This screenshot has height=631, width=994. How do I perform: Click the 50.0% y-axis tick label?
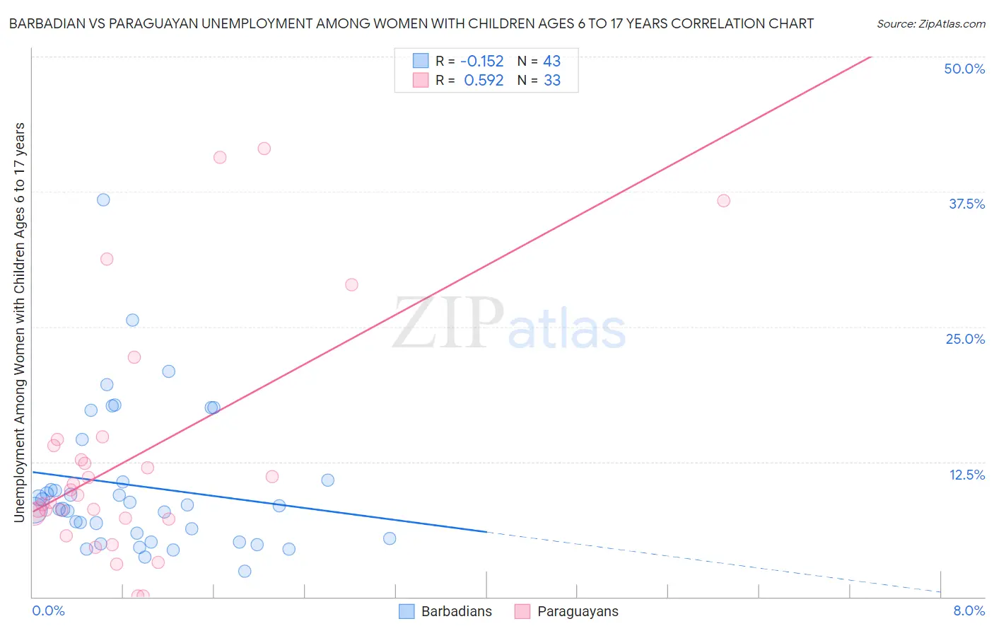tap(964, 69)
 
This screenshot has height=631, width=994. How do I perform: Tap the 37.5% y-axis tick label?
tap(966, 204)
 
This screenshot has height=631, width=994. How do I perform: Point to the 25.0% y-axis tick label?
tap(965, 339)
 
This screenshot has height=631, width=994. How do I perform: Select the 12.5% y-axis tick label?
tap(966, 475)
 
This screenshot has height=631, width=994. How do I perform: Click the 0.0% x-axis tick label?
tap(48, 610)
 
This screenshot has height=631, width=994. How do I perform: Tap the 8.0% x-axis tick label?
tap(969, 610)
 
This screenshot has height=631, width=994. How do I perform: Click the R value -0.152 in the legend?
tap(481, 62)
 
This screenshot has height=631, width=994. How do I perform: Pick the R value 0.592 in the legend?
tap(484, 81)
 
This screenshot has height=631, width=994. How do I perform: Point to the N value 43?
tap(551, 62)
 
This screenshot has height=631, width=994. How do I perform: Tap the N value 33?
tap(551, 81)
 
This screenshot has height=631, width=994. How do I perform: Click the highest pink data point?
tap(264, 149)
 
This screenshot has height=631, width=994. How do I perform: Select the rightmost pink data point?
tap(723, 201)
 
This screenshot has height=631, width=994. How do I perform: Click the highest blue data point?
tap(103, 199)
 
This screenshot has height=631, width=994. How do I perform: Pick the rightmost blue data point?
tap(390, 538)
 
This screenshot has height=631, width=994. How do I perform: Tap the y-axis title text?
tap(20, 322)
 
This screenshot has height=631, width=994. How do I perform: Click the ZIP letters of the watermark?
tap(448, 323)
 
